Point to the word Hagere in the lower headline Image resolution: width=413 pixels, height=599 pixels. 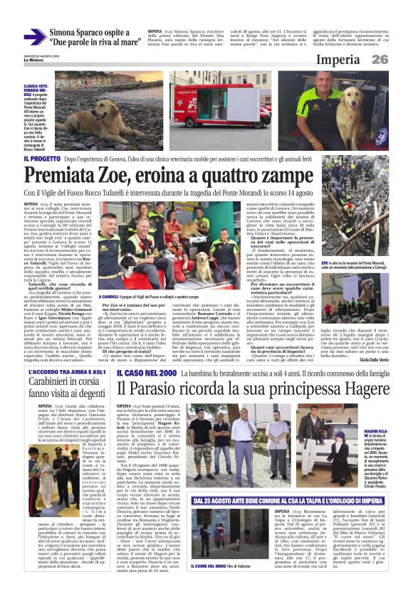coord(356,391)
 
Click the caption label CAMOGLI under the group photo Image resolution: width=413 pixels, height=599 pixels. coord(112,295)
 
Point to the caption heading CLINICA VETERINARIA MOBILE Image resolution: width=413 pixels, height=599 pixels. coord(37,88)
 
